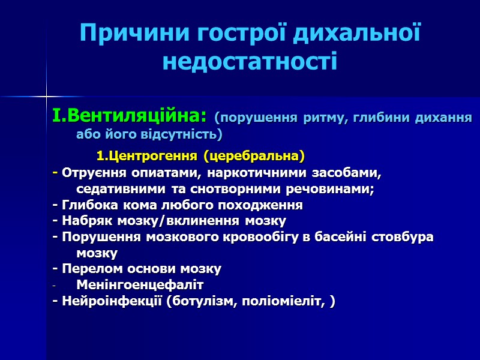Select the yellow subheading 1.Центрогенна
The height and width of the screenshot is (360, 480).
147,157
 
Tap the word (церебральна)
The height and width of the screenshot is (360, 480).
254,157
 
